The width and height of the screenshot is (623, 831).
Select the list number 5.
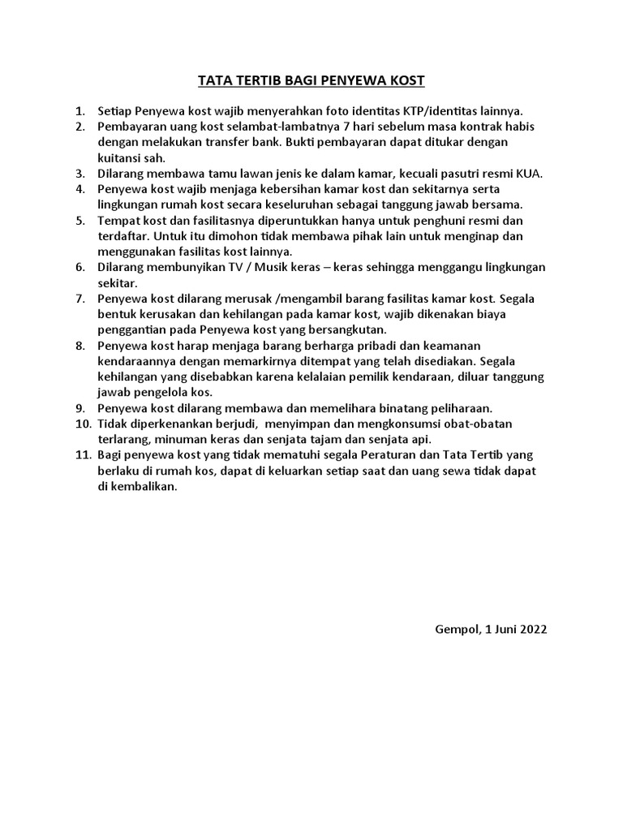[x=79, y=220]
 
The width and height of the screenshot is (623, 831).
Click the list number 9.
[x=79, y=408]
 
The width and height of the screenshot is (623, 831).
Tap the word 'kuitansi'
[x=118, y=157]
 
